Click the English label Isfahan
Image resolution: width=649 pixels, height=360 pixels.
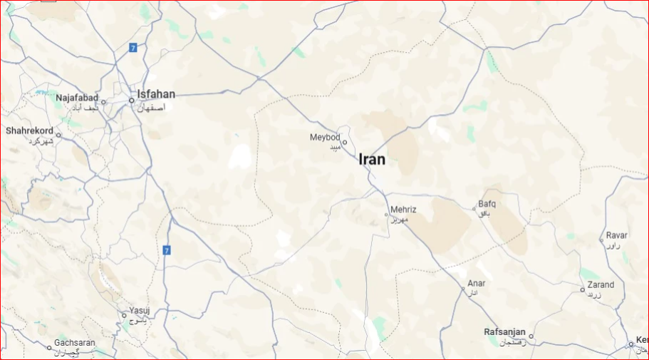click(x=157, y=94)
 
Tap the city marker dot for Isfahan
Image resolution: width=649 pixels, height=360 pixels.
click(x=132, y=101)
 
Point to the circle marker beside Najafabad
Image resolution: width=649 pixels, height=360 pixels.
click(x=103, y=102)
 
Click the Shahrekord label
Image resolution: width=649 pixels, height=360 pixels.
click(x=29, y=130)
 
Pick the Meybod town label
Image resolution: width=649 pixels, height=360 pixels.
click(x=325, y=137)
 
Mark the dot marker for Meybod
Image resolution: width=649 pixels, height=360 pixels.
click(x=345, y=143)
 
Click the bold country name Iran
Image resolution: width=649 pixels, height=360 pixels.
click(x=372, y=159)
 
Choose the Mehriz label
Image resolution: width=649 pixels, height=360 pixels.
click(x=403, y=210)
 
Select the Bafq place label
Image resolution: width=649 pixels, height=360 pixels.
click(x=487, y=204)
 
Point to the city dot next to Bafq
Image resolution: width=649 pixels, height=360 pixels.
click(x=474, y=209)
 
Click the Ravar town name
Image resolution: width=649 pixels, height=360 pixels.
click(x=617, y=235)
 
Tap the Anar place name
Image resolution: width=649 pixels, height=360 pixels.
click(x=477, y=283)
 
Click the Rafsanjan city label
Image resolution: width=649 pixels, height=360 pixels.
click(x=504, y=332)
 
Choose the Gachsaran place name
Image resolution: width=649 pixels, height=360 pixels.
click(x=75, y=343)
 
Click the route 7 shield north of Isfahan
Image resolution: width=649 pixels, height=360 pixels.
click(x=133, y=48)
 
